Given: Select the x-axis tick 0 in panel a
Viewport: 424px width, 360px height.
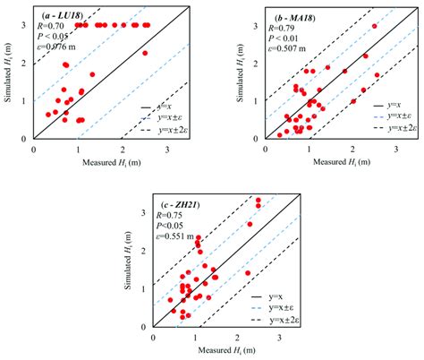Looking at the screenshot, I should coord(34,150).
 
